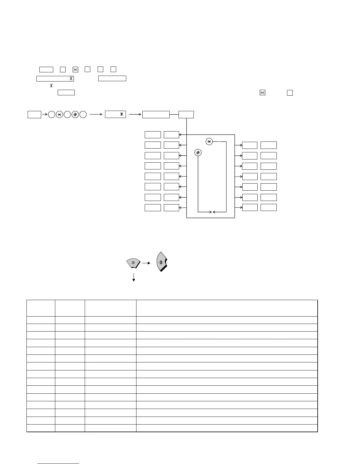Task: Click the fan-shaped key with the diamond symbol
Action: [x=161, y=262]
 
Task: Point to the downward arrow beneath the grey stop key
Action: [x=134, y=277]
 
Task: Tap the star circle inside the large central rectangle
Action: [x=209, y=142]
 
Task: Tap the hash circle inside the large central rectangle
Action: [x=198, y=152]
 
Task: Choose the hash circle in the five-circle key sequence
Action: [x=75, y=115]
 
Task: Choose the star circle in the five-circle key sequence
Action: [x=59, y=115]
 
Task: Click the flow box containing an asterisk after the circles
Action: [x=115, y=114]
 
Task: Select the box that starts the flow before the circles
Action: [x=34, y=114]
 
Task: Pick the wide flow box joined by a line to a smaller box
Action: [x=156, y=114]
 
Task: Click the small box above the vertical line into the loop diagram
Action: [x=186, y=114]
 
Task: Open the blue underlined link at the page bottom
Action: [x=59, y=463]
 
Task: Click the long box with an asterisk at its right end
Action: [x=55, y=79]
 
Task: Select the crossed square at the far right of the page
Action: [x=262, y=92]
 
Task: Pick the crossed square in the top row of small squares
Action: [x=76, y=70]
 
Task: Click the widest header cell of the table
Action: [x=227, y=308]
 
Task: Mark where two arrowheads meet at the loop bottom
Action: [x=212, y=212]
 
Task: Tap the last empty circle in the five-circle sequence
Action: [x=83, y=115]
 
